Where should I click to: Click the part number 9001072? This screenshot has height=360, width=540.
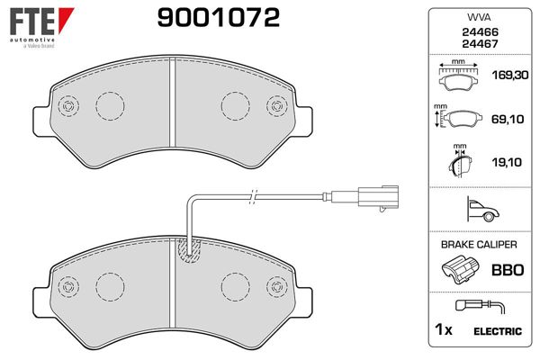point(218,17)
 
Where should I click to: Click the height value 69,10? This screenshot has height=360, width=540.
point(508,119)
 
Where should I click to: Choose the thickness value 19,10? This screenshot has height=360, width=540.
point(508,163)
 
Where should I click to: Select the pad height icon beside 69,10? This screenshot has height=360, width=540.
point(459,119)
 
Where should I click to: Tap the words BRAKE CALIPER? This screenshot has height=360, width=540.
point(478,245)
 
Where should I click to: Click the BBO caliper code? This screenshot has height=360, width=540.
point(507,269)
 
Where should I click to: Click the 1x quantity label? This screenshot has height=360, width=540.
point(442,331)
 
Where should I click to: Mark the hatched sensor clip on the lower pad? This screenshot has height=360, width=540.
point(190,252)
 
